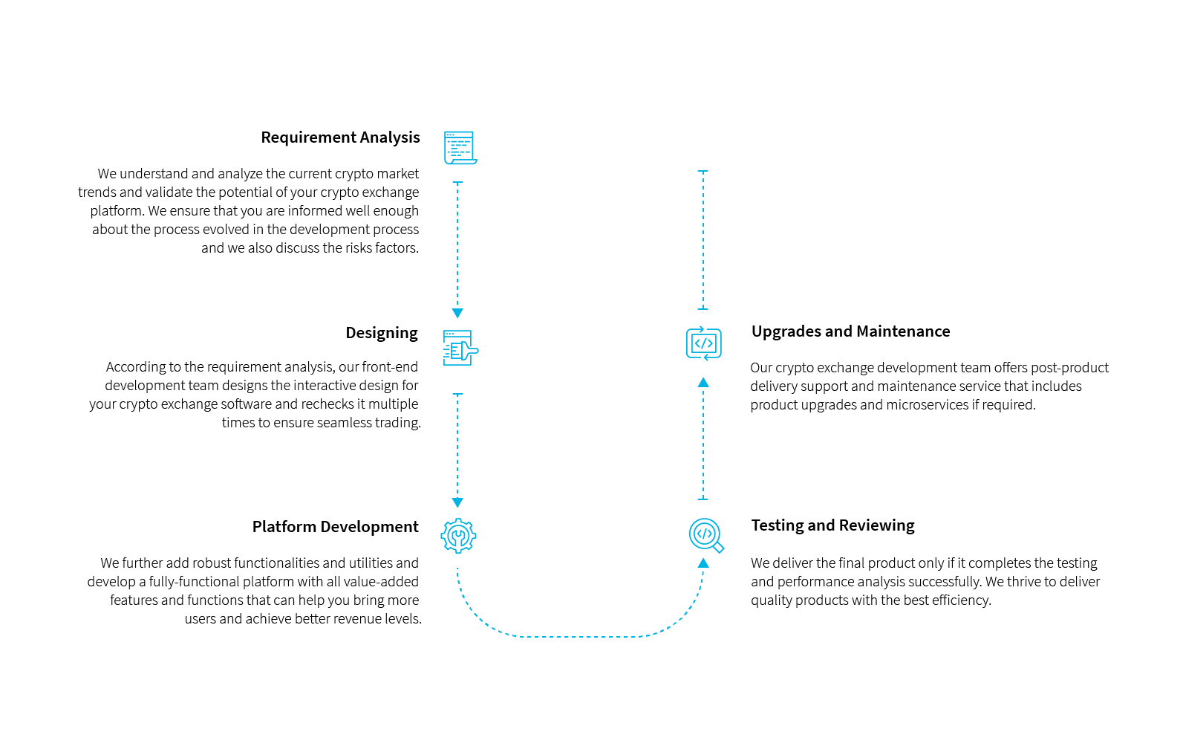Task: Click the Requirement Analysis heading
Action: tap(340, 137)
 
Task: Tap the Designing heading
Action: tap(381, 333)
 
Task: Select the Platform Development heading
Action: tap(335, 527)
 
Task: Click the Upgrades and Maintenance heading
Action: tap(850, 331)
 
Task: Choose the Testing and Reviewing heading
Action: tap(832, 525)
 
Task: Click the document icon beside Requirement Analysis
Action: tap(460, 148)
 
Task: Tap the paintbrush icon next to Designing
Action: tap(460, 348)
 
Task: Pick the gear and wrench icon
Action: tap(458, 536)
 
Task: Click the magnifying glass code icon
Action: tap(705, 536)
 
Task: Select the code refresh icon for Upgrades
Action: tap(703, 343)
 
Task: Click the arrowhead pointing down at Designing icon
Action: tap(457, 314)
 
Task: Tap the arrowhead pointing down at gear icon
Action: tap(457, 503)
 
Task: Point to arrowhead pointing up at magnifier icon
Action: tap(703, 563)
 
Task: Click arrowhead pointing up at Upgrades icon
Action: tap(703, 383)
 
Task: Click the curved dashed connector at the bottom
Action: tap(579, 636)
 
